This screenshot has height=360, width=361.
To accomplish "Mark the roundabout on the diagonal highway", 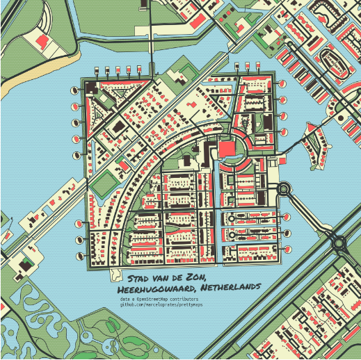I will point(339,243).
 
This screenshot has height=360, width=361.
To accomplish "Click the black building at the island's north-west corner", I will point(90,86).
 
